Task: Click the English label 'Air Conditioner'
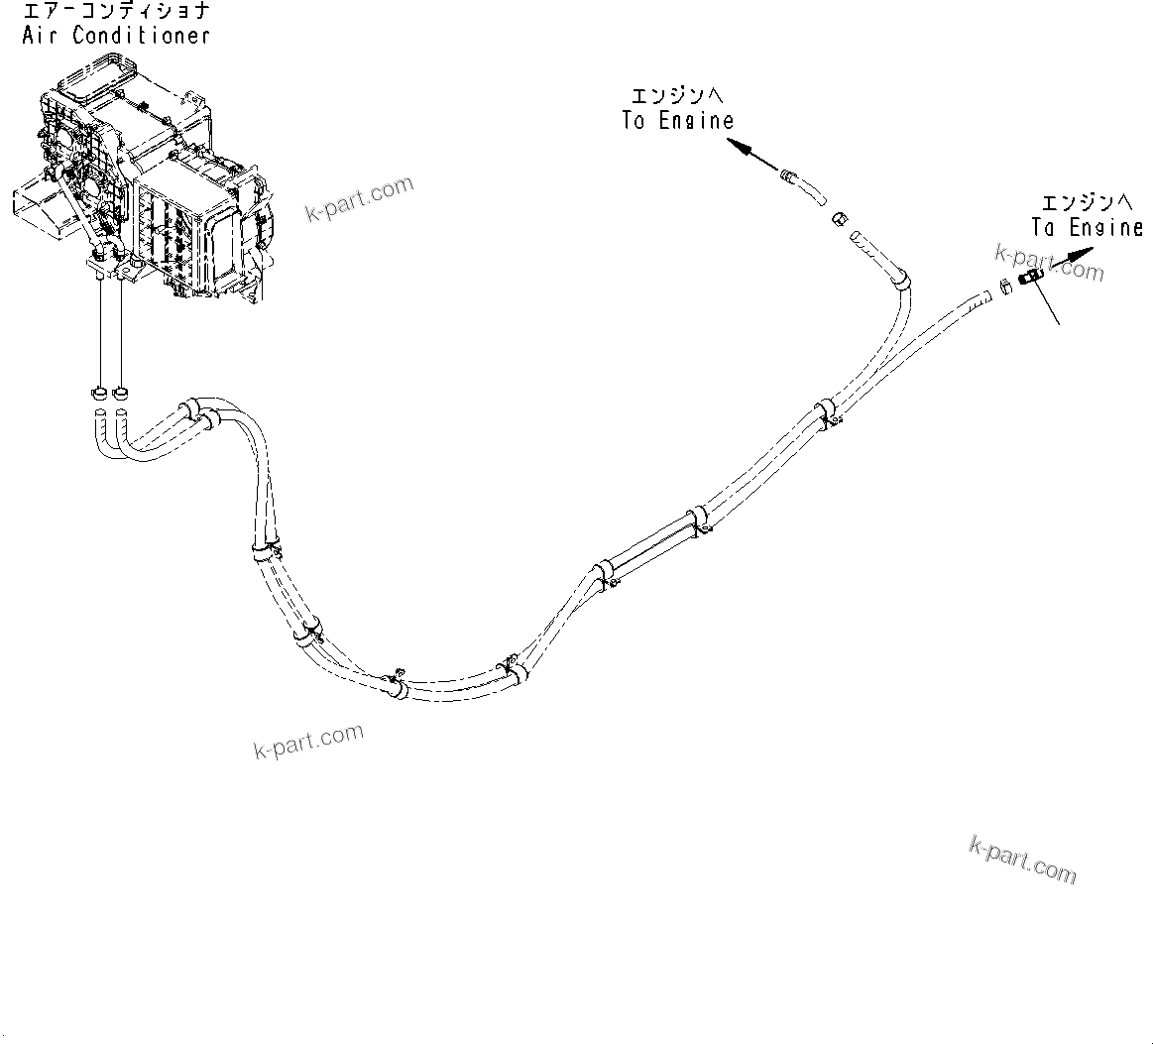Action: [116, 36]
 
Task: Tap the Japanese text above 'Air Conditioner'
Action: [116, 13]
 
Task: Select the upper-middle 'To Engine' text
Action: [678, 121]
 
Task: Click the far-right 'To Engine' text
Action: [1087, 227]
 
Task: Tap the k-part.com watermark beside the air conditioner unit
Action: [359, 198]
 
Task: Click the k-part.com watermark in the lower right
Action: [1022, 859]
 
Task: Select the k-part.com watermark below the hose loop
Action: [308, 740]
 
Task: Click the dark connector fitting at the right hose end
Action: [1028, 278]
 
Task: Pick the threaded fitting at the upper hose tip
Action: [790, 177]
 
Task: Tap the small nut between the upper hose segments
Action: [838, 218]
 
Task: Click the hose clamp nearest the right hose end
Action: [826, 413]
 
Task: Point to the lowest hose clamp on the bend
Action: [395, 684]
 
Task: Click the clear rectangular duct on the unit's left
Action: [40, 202]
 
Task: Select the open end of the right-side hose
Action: [985, 294]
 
